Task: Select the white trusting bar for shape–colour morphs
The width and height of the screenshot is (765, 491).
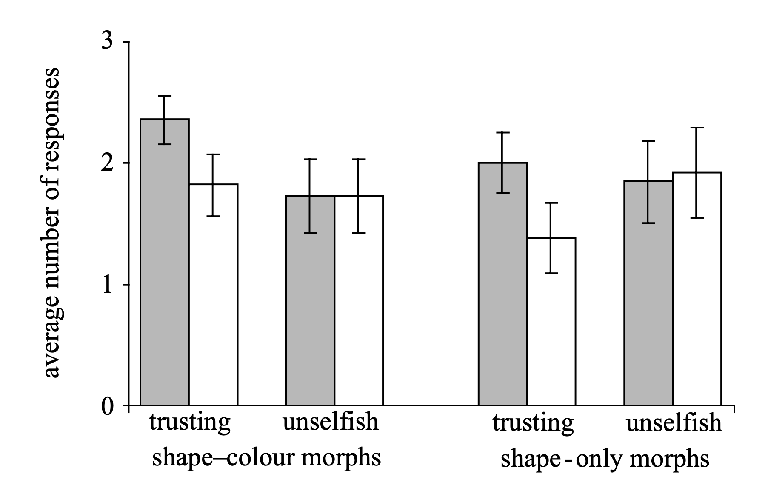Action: coord(213,298)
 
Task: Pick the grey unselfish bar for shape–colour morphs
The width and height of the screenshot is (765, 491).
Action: coord(310,306)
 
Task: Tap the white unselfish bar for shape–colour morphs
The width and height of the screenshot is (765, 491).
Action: coord(359,306)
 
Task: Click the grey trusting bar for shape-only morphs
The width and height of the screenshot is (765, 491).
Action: coord(502,289)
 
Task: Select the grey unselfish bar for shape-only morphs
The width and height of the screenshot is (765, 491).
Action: coord(648,298)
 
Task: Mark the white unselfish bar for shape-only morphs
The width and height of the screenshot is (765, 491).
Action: coord(696,294)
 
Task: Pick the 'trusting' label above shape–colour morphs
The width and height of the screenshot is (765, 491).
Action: coord(190,422)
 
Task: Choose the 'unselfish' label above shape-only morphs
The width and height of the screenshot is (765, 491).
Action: coord(674,422)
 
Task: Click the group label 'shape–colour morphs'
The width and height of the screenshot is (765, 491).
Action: coord(266,458)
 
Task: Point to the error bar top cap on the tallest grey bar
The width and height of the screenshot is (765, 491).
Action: coord(165,96)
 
